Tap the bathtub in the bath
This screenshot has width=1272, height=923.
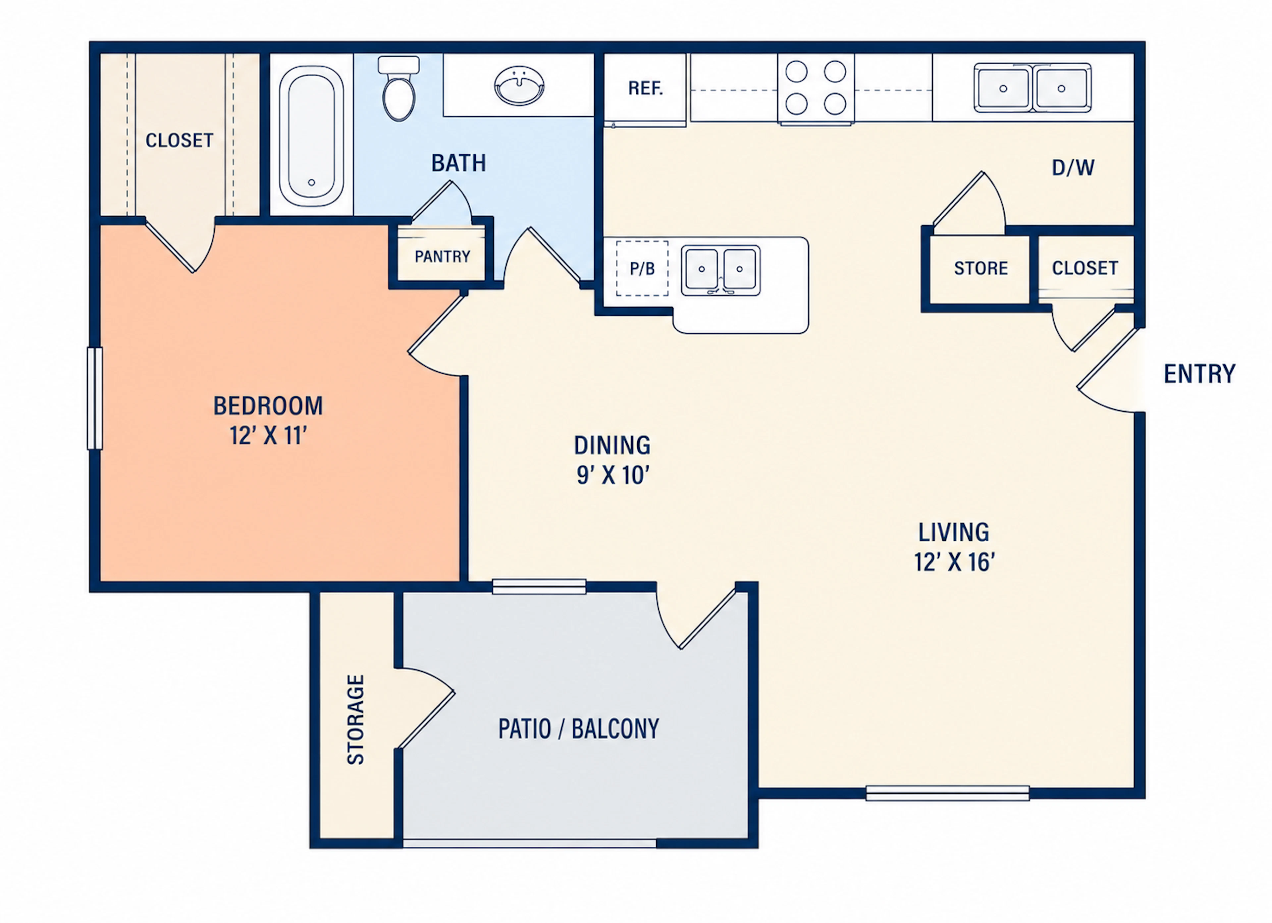[311, 136]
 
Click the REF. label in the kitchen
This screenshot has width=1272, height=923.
[646, 88]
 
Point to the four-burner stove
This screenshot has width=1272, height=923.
[816, 88]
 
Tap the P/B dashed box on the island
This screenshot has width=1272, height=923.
[642, 269]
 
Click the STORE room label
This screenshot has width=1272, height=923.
[981, 268]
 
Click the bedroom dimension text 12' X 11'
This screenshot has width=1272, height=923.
[268, 435]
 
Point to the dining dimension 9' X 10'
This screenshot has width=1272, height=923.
[612, 475]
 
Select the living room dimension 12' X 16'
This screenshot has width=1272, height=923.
[954, 562]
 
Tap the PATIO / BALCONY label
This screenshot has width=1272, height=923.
[579, 729]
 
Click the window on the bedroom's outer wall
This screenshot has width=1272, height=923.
[95, 398]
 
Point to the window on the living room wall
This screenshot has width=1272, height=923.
[947, 793]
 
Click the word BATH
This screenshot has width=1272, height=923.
[458, 163]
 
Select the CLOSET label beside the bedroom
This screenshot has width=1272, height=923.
[180, 140]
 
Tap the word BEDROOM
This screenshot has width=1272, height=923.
[268, 406]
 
